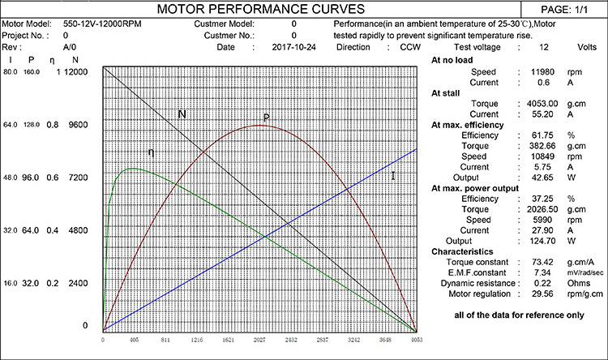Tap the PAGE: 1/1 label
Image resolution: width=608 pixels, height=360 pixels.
(567, 10)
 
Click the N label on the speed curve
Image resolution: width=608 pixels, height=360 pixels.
(182, 114)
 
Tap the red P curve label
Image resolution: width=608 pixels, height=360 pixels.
(265, 118)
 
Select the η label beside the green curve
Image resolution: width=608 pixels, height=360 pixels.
(151, 152)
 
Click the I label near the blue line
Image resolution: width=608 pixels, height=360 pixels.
(392, 174)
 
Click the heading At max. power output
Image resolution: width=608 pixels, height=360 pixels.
(478, 188)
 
